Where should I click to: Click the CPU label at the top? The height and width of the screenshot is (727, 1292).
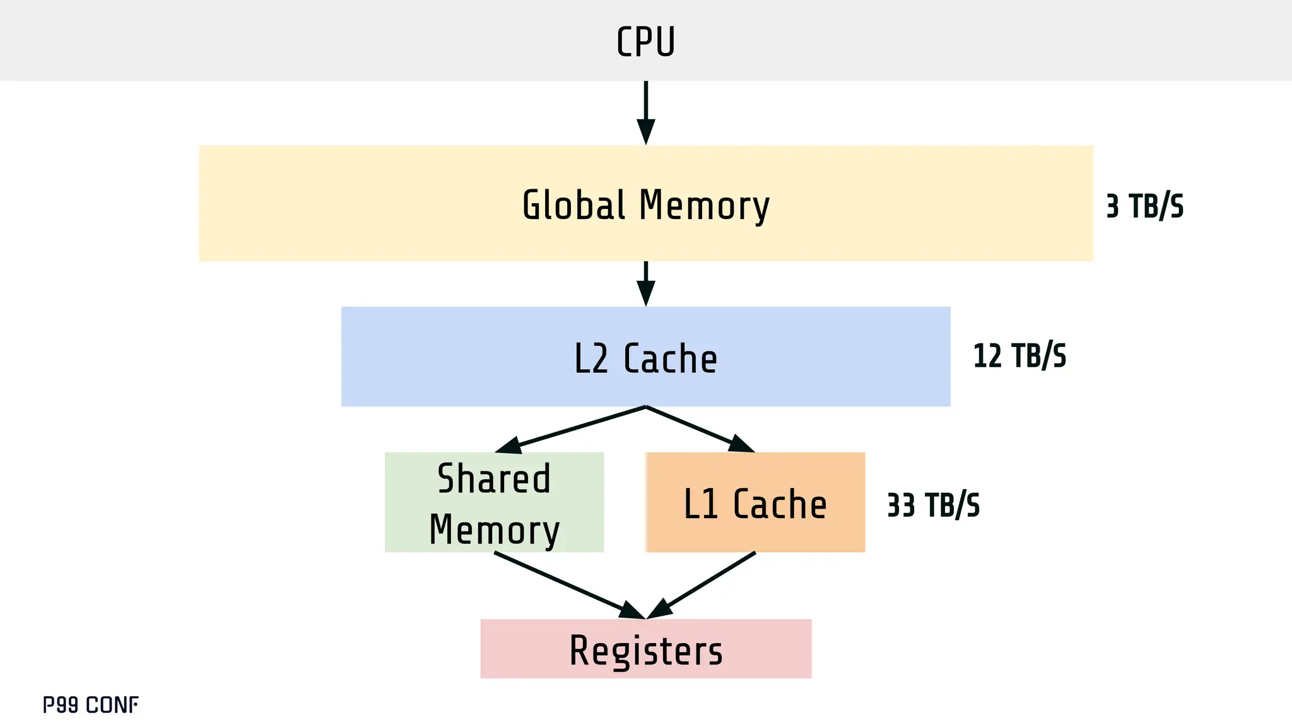pos(645,42)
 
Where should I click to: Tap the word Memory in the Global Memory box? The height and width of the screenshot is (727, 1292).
pos(704,206)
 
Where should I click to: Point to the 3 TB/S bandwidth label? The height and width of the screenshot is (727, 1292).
pos(1144,206)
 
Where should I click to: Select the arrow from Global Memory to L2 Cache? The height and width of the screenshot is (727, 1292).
pos(645,283)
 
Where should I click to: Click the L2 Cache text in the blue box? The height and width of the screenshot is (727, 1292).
pos(645,358)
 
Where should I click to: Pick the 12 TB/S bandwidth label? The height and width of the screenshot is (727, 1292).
pos(1019,356)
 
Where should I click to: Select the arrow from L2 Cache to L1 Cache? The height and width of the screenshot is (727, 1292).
pos(700,429)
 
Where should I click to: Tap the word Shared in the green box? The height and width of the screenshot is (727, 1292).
pos(494,478)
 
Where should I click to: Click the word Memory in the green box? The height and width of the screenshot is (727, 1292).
pos(494,530)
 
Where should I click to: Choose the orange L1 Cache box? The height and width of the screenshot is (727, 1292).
pos(755,503)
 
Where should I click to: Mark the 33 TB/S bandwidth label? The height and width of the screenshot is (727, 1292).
pos(933,505)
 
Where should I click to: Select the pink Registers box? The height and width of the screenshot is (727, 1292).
pos(645,649)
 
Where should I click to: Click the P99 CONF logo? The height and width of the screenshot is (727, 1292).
pos(90,705)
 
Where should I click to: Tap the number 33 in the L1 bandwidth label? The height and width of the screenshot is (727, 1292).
pos(900,505)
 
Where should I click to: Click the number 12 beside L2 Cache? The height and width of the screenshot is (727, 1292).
pos(987,356)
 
